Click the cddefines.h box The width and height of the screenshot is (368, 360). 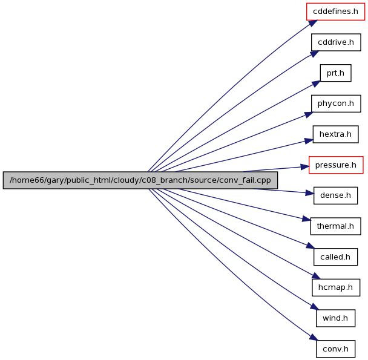pos(335,11)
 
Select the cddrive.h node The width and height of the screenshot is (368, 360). pos(336,42)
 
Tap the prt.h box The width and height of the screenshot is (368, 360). pos(335,73)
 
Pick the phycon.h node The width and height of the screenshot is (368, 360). pos(336,103)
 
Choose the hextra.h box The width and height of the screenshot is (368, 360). pos(335,134)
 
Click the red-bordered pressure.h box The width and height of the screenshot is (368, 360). pos(336,165)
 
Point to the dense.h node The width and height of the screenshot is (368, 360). pos(335,195)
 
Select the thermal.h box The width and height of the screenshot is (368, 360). pos(335,226)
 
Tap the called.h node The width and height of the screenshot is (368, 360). pos(335,257)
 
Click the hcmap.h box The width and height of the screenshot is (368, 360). pos(336,287)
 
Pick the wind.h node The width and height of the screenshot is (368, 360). pos(335,318)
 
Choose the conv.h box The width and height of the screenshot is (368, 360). pos(335,349)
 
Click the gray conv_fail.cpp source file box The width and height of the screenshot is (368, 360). pos(140,180)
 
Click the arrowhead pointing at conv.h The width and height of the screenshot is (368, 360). pos(314,337)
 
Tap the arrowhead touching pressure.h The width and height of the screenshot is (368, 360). pos(304,167)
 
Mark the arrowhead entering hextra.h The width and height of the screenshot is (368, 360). pos(309,141)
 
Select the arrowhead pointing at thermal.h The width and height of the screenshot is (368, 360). pos(306,219)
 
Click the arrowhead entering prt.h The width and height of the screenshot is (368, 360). pos(316,84)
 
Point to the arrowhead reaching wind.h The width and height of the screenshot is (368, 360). pos(315,307)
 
